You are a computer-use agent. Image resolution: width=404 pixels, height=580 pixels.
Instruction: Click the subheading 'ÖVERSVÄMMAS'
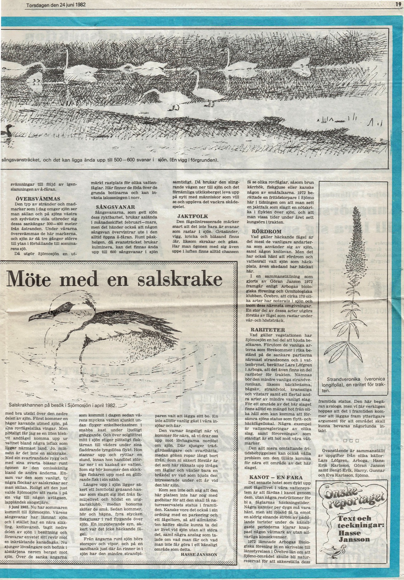(x=38, y=199)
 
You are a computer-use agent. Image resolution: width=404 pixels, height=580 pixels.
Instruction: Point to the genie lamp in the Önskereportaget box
(x=333, y=559)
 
